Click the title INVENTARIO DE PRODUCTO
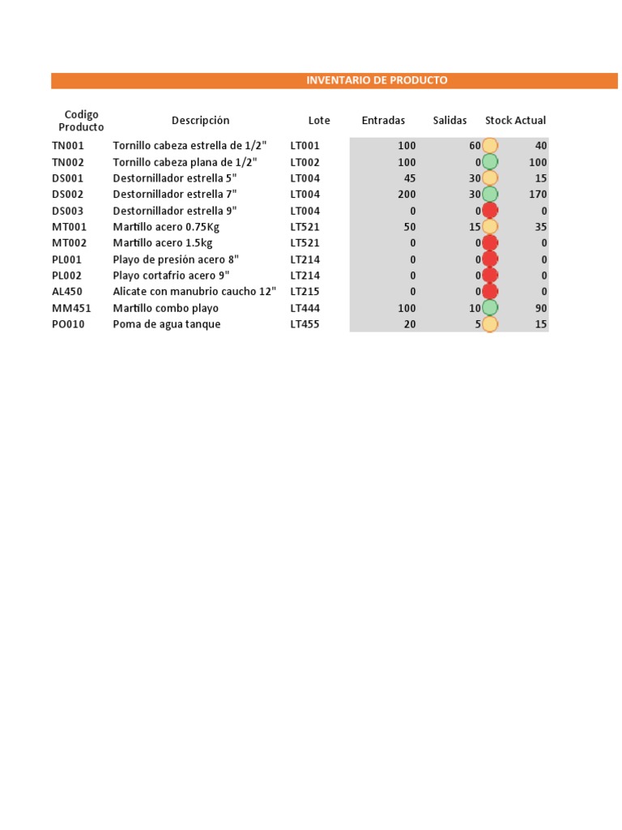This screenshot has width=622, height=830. tap(377, 80)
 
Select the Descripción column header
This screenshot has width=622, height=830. tap(200, 120)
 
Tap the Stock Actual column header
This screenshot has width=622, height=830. tap(515, 120)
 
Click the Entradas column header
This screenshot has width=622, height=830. tap(383, 120)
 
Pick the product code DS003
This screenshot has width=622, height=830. tap(69, 211)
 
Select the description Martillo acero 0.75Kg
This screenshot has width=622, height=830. tap(166, 227)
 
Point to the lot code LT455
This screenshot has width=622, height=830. tap(305, 324)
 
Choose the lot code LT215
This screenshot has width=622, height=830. tap(305, 292)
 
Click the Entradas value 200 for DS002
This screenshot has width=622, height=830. tap(407, 195)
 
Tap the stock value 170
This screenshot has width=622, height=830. tap(537, 195)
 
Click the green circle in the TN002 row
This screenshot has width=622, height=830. tap(490, 162)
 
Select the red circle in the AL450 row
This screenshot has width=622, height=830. tap(490, 292)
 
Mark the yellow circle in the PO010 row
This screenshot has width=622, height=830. tap(490, 324)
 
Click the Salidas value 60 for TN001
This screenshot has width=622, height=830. tap(475, 146)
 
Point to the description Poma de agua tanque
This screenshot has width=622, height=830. tap(167, 324)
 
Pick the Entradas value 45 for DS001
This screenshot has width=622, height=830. tap(409, 178)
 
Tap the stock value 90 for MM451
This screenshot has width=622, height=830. tap(540, 308)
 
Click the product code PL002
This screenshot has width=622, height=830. tap(68, 276)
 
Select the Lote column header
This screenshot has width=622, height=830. tap(319, 120)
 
